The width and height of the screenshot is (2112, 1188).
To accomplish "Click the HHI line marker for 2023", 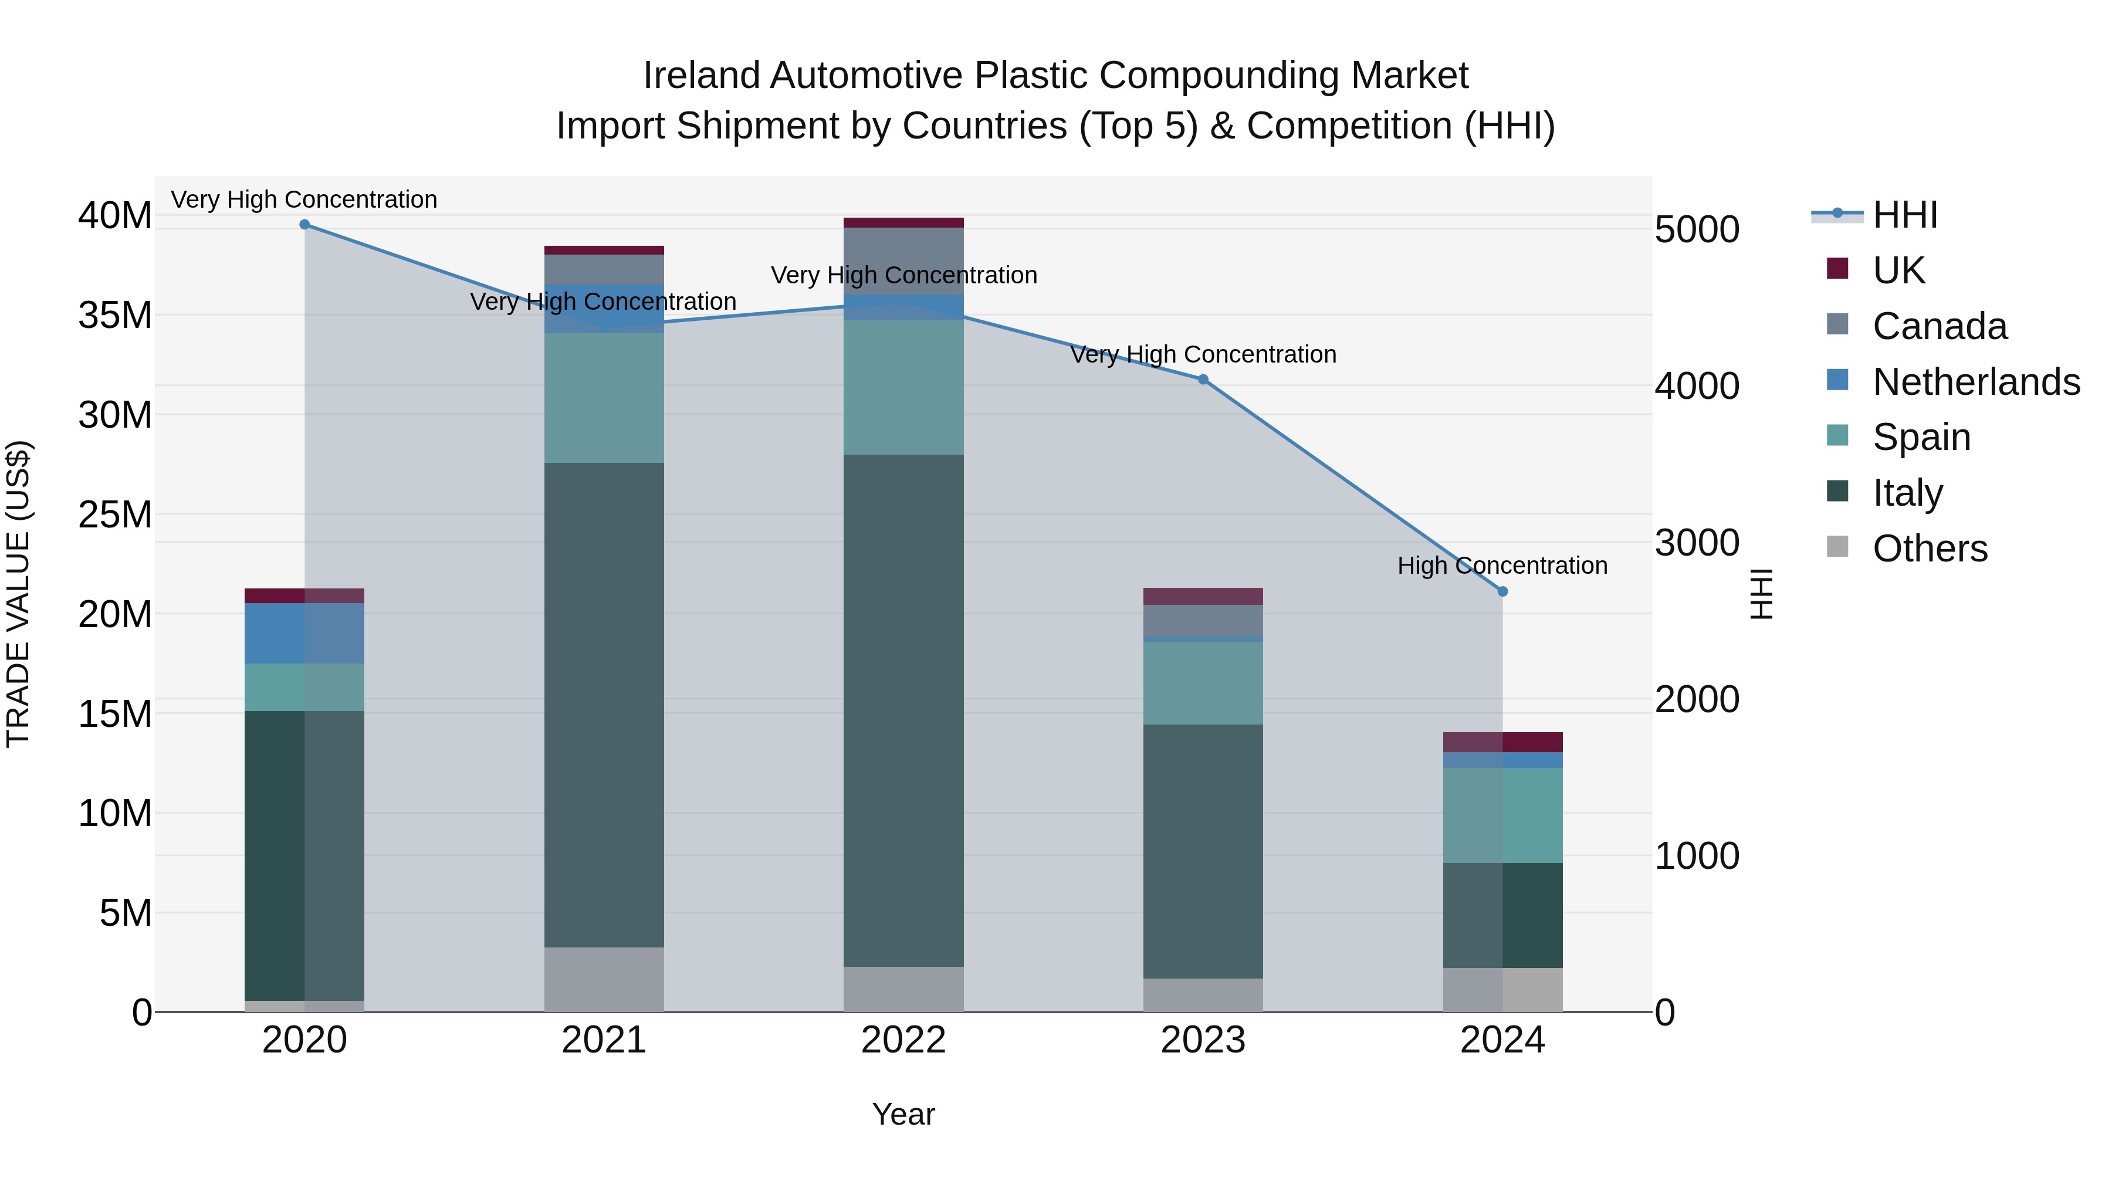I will click(x=1203, y=380).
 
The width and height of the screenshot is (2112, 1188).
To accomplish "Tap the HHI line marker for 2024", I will click(x=1502, y=591).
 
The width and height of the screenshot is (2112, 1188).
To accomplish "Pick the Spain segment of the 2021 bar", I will click(x=604, y=398).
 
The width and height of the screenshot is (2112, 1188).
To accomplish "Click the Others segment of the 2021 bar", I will click(x=604, y=979).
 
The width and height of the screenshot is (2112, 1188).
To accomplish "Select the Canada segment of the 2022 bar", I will click(x=903, y=260).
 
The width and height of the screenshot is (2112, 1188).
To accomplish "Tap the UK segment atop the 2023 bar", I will click(x=1203, y=596).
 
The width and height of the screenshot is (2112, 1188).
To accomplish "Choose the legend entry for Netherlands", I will click(x=1976, y=382).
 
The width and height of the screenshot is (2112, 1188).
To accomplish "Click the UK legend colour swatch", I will click(x=1837, y=269).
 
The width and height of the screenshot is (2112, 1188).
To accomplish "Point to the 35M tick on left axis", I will click(x=115, y=316).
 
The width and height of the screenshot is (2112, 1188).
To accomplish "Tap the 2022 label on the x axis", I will click(x=903, y=1040).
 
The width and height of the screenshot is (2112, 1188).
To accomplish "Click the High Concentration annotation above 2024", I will click(x=1501, y=566).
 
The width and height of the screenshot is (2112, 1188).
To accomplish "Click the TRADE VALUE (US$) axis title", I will click(x=19, y=594).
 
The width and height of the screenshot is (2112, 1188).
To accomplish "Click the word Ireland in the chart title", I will click(x=702, y=76).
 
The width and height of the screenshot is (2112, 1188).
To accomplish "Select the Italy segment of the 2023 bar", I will click(x=1203, y=851).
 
